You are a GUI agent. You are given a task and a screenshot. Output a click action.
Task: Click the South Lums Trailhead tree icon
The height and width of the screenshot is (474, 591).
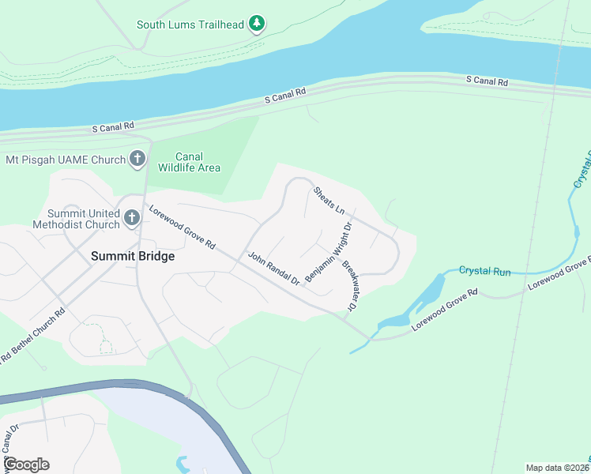257,24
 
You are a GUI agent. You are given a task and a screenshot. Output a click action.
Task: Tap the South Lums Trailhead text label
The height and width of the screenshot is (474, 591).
190,24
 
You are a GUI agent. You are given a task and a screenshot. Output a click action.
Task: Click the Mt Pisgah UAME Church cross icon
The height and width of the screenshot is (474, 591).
137,160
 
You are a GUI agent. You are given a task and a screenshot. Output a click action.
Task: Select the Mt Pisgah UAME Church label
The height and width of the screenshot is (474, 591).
66,160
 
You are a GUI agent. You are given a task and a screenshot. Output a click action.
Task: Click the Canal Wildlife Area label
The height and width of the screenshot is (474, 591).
189,162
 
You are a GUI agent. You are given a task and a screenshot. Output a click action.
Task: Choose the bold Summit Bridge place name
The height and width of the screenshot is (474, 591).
133,256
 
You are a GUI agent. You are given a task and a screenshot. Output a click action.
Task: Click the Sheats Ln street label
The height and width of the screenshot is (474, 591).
329,201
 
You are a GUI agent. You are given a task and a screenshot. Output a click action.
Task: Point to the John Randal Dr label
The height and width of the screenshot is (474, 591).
274,269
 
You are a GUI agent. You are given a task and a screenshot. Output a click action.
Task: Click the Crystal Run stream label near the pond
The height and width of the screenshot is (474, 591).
484,271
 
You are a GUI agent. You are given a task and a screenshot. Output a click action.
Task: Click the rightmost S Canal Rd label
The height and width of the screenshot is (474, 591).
487,81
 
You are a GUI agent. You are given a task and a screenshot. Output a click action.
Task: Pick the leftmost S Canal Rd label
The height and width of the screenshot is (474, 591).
114,126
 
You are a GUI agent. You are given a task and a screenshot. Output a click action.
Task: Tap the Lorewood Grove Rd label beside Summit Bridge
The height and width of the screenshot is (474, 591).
182,228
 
